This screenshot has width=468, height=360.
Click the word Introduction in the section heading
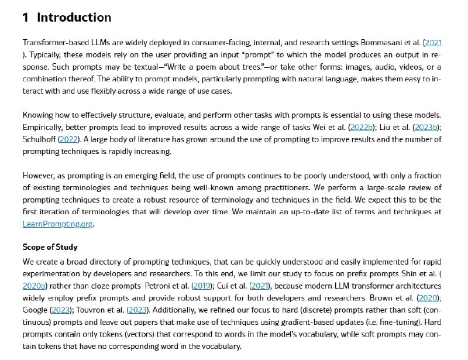(x=74, y=18)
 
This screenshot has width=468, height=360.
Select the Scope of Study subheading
(x=50, y=246)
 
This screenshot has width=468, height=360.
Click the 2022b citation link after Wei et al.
(x=362, y=127)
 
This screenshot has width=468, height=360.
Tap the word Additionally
(x=176, y=310)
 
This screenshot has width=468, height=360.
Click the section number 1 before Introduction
(x=25, y=18)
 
